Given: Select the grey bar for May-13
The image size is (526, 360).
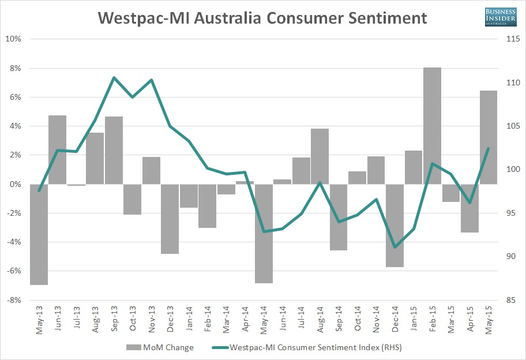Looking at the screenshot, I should coord(39,234).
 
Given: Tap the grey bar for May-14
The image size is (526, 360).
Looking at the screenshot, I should coord(264,234).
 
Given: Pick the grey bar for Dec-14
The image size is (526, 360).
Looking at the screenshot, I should coord(394,226).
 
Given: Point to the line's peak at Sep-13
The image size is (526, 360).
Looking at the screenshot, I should coord(114,77).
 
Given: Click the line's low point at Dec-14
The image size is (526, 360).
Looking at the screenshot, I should coord(394,247).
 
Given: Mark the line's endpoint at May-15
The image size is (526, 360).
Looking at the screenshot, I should coord(488,149).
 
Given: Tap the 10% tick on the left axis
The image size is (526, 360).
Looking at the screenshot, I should coord(13,39).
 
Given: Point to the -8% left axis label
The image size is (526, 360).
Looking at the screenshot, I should coord(13,300).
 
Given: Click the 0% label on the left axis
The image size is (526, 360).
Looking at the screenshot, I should coord(15,184).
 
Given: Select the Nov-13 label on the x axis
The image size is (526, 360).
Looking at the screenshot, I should coord(152,320).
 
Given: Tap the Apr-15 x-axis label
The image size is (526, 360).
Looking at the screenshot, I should coord(470,320).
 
